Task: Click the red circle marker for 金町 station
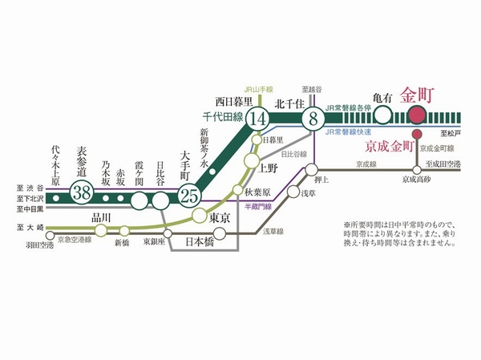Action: (417, 116)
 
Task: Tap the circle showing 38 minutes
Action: (81, 192)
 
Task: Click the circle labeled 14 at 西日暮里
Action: (258, 119)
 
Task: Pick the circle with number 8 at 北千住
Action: (312, 119)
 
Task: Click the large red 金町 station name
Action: (417, 94)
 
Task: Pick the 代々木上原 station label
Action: (55, 164)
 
